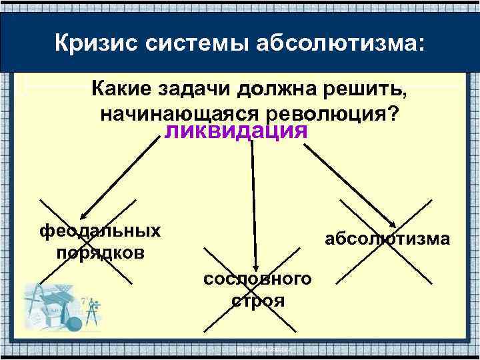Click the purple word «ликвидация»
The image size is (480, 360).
pyautogui.click(x=235, y=130)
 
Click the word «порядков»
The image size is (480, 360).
pyautogui.click(x=100, y=254)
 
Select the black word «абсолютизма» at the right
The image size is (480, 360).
pyautogui.click(x=387, y=239)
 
